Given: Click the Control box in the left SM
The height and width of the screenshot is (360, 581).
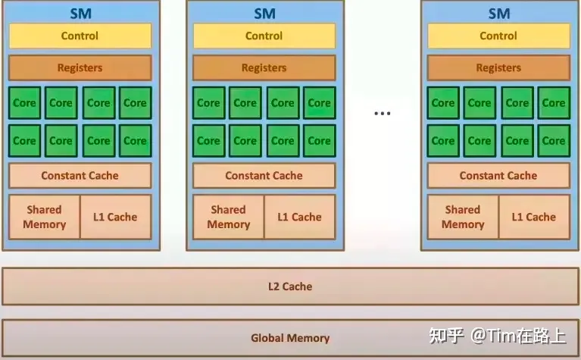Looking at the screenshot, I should [80, 36].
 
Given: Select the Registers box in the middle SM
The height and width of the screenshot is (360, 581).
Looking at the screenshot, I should [264, 67].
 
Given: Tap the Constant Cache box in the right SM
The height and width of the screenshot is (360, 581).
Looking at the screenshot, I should [498, 175].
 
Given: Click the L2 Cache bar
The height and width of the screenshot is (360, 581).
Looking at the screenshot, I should [290, 286].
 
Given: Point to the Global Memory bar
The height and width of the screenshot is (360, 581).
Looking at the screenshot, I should [290, 338].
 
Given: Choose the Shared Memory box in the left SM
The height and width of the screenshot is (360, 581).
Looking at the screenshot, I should [44, 217].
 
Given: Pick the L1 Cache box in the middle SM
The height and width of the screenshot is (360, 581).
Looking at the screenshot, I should [300, 217].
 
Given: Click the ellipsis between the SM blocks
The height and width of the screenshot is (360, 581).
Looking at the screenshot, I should [383, 114].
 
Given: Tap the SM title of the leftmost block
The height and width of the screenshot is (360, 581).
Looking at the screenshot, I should [80, 13].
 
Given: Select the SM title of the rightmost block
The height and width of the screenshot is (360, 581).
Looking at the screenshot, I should [498, 13].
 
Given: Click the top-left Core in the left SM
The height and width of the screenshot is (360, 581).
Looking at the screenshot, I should [24, 103].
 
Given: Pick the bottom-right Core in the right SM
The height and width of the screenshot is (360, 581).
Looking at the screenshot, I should [554, 140].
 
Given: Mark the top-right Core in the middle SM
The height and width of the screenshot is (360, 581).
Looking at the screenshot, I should [319, 103].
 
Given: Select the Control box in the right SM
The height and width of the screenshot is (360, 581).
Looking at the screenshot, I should [498, 36].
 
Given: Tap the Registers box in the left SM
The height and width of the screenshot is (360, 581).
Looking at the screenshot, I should [80, 67].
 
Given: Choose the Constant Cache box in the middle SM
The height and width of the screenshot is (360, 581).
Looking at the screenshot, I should [264, 175].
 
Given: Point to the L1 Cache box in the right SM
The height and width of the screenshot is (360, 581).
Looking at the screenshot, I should [534, 217].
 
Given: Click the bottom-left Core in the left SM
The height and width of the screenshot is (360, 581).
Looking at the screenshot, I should [24, 140].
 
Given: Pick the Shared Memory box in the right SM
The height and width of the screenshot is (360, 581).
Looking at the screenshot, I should [463, 217].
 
